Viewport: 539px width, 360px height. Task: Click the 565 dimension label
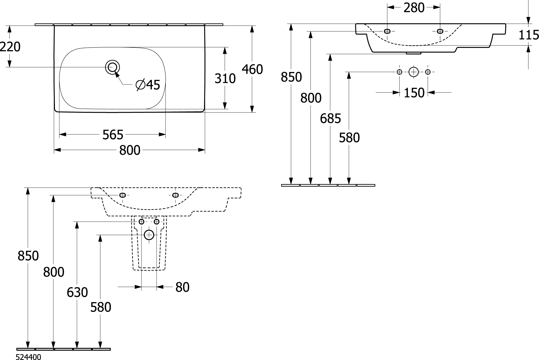click(113, 135)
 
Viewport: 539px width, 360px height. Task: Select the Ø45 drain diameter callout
click(148, 85)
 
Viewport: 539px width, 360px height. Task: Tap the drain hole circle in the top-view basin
click(112, 67)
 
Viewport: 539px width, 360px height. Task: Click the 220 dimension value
click(10, 47)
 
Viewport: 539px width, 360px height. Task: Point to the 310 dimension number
click(225, 78)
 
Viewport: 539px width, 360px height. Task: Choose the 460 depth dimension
click(252, 70)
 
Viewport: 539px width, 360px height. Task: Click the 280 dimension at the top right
click(414, 8)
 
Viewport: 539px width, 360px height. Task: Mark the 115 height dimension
click(529, 35)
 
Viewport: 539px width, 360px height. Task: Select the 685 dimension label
click(330, 118)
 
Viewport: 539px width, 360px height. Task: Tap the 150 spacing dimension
click(414, 93)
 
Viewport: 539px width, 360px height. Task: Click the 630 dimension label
click(77, 292)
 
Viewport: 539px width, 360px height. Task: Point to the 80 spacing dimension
click(183, 287)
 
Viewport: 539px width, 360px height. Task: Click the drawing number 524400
click(29, 357)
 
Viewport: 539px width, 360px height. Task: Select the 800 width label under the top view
click(130, 150)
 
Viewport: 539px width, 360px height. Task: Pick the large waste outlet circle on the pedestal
click(149, 235)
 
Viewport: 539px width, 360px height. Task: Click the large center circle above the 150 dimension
click(414, 72)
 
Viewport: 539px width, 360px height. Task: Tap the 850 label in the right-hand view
click(291, 77)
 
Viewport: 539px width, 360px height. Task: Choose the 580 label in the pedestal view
click(101, 307)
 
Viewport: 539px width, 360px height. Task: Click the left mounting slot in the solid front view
click(387, 31)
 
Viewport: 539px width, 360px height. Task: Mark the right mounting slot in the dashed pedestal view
click(175, 195)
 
